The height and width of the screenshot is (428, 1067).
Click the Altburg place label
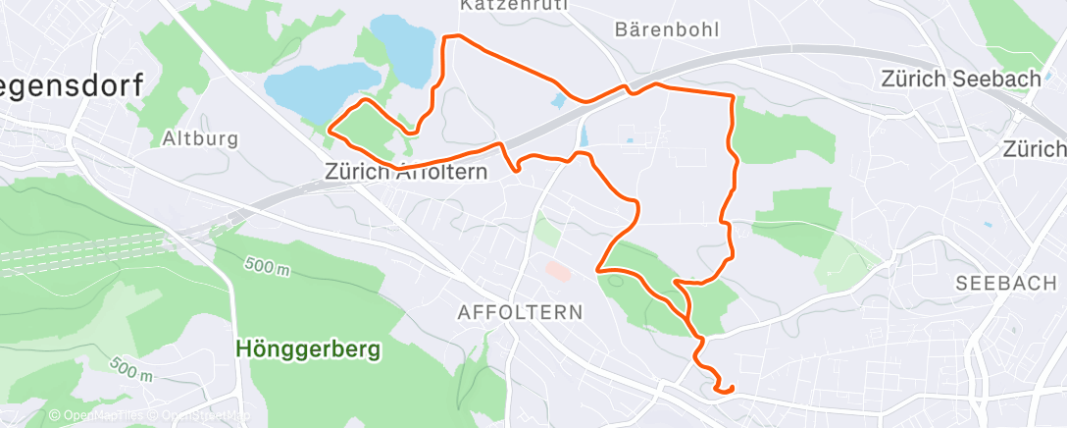pyautogui.click(x=201, y=138)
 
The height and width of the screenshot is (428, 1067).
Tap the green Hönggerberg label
pyautogui.click(x=307, y=348)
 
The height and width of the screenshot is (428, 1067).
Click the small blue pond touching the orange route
pyautogui.click(x=558, y=99)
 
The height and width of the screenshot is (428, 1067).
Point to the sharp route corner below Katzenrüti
pyautogui.click(x=447, y=37)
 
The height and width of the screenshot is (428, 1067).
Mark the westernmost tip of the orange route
pyautogui.click(x=329, y=128)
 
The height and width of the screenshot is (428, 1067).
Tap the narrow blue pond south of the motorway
pyautogui.click(x=584, y=134)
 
